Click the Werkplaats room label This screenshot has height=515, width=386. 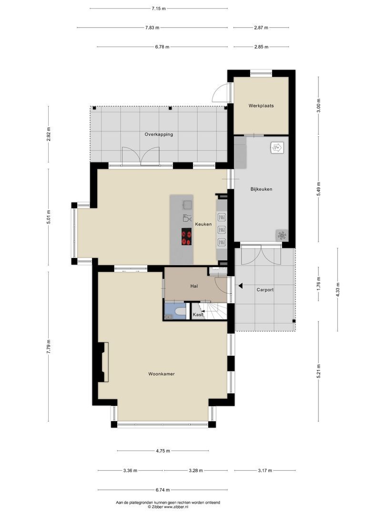click(x=261, y=105)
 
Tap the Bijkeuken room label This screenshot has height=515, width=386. click(x=261, y=189)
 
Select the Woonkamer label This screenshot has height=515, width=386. click(x=161, y=374)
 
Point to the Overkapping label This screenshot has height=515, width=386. click(x=159, y=134)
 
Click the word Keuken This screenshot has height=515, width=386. click(x=203, y=224)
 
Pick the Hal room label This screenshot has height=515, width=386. click(x=194, y=286)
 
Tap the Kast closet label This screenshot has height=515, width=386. click(x=198, y=315)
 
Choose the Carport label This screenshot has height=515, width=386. click(x=265, y=289)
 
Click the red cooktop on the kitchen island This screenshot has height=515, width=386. click(x=186, y=237)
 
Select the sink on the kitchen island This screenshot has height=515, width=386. click(x=187, y=205)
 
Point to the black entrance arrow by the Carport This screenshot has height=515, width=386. click(x=241, y=286)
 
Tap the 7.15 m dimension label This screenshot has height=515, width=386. click(x=159, y=9)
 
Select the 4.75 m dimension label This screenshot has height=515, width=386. click(x=163, y=451)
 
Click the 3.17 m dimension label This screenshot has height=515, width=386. click(x=262, y=471)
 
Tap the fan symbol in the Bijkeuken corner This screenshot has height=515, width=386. click(x=282, y=235)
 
